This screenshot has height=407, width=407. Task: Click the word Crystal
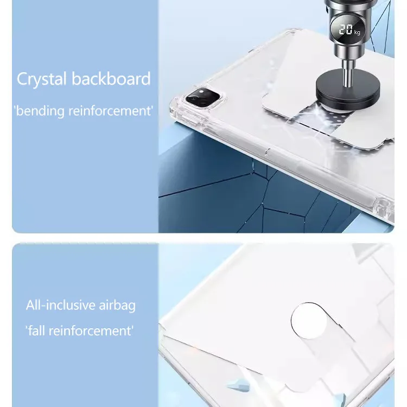(x=41, y=79)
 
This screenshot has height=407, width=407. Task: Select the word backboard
(x=111, y=78)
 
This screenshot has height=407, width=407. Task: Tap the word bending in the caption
(x=39, y=111)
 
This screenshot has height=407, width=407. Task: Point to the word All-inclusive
(x=60, y=305)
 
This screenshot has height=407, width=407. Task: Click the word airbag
(x=117, y=306)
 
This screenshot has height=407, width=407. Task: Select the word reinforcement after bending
(x=110, y=111)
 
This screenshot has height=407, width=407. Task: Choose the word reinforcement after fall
(x=91, y=331)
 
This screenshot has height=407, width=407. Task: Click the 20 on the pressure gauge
(x=346, y=29)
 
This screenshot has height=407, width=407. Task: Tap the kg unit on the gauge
(x=357, y=32)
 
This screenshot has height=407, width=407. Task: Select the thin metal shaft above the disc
(x=347, y=73)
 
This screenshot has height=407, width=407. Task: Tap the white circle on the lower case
(x=309, y=321)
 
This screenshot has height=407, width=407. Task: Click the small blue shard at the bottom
(x=238, y=385)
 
